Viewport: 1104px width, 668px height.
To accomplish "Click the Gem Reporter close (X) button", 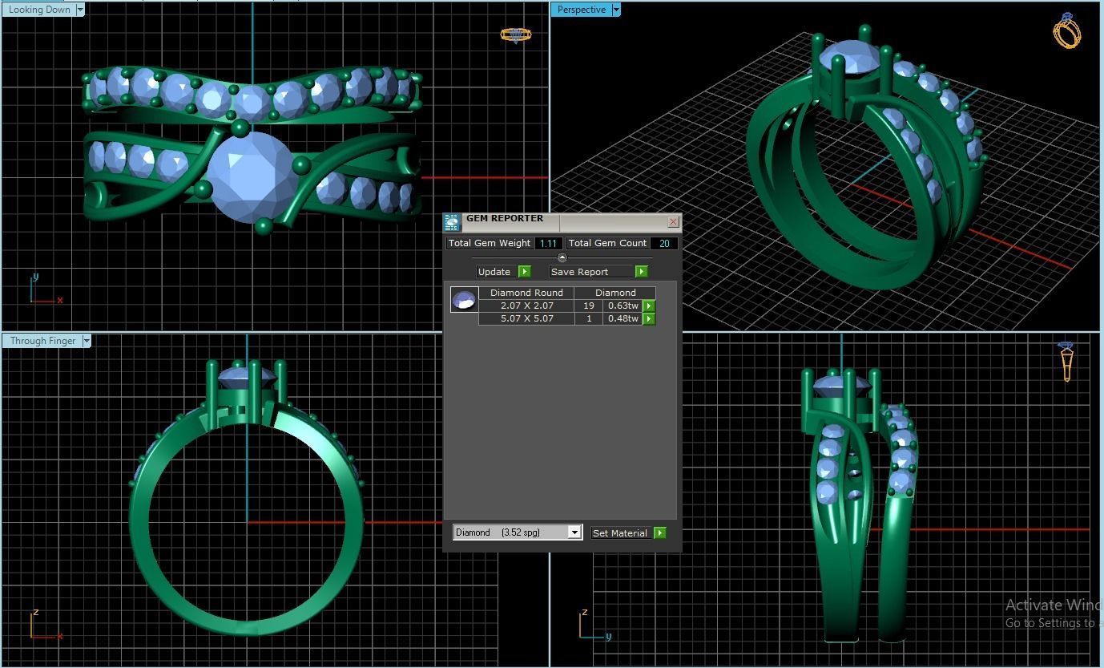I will (673, 221).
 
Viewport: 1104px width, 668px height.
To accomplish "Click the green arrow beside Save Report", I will (641, 272).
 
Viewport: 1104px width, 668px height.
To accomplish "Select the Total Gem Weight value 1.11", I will (548, 243).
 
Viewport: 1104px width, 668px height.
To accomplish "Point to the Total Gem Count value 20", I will (664, 243).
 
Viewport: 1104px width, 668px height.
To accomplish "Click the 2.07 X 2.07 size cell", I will (526, 306).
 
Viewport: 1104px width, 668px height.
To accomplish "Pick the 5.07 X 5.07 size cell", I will (526, 318).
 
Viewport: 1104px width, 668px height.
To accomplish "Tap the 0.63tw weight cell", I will (623, 306).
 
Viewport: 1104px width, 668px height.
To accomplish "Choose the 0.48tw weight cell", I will (623, 318).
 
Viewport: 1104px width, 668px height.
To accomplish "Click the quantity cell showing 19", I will (589, 306).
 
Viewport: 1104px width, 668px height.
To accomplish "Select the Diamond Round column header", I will (526, 293).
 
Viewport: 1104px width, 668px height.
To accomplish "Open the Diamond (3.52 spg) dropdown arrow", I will (574, 532).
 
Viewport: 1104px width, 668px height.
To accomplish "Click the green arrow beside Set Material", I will (659, 533).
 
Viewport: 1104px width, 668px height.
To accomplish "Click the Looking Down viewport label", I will (39, 10).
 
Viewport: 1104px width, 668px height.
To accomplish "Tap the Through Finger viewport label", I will (42, 341).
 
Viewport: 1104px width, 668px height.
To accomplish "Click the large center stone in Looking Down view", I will (251, 176).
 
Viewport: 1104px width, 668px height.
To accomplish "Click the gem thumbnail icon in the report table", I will (464, 300).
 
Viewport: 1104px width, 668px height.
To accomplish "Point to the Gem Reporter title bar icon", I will (452, 222).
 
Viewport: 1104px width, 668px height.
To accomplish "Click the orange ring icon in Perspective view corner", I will (1066, 31).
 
